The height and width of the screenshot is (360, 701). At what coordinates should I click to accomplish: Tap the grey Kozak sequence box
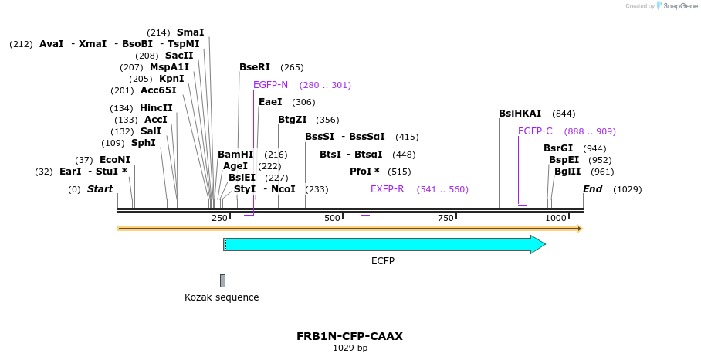coord(222,280)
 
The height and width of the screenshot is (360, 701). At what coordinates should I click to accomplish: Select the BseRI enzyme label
coord(255,67)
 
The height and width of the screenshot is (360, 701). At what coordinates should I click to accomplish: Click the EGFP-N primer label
coord(270,85)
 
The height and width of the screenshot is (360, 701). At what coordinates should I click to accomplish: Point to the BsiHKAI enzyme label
coord(520,114)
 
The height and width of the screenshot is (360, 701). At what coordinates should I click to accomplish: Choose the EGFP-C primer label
coord(535,131)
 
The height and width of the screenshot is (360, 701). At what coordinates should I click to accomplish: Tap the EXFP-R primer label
coord(387,189)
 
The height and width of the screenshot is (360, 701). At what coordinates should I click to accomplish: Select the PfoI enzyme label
coord(364,172)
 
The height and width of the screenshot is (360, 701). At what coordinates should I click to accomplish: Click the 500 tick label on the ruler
coord(333,219)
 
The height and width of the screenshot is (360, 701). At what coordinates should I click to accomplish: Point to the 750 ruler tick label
coord(445,219)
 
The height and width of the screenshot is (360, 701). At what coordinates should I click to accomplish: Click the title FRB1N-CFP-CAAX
coord(350,336)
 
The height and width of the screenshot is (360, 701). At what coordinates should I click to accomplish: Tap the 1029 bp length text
coord(350,348)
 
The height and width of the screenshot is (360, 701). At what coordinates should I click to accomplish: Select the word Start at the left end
coord(100,189)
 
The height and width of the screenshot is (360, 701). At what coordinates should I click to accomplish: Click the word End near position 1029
coord(592,189)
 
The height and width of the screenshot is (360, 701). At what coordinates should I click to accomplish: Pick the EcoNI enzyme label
coord(115,160)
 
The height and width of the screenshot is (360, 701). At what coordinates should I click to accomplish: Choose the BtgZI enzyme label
coord(293,120)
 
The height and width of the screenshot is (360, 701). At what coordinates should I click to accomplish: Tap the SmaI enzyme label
coord(191,32)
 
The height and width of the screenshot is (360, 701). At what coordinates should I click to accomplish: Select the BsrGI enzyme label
coord(558,148)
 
